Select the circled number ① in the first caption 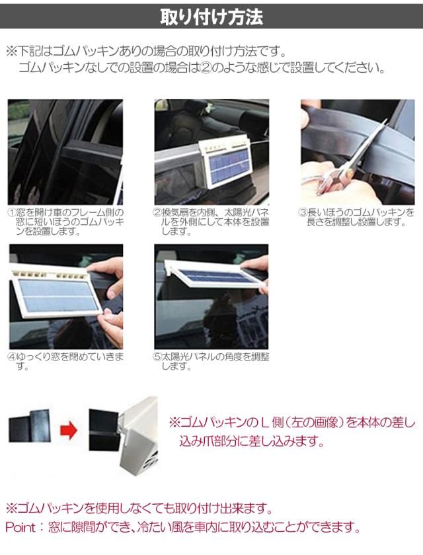pos(12,212)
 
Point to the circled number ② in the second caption pos(158,212)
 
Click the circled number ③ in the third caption pos(304,212)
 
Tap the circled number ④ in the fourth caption pos(12,357)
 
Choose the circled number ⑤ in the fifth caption pos(158,357)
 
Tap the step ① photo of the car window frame pos(65,151)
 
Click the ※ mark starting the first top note pos(11,51)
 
